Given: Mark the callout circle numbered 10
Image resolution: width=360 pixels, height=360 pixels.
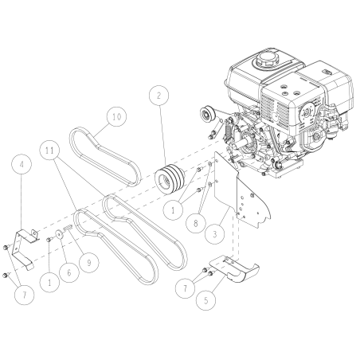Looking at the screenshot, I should coord(116,116).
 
